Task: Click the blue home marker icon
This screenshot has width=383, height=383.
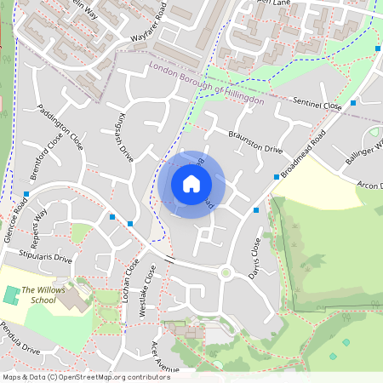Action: pos(191,184)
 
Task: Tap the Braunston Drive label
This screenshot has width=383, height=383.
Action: pos(255,142)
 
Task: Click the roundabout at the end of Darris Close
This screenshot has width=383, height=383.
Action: pos(226,273)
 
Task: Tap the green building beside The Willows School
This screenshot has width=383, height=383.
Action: pos(11,297)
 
